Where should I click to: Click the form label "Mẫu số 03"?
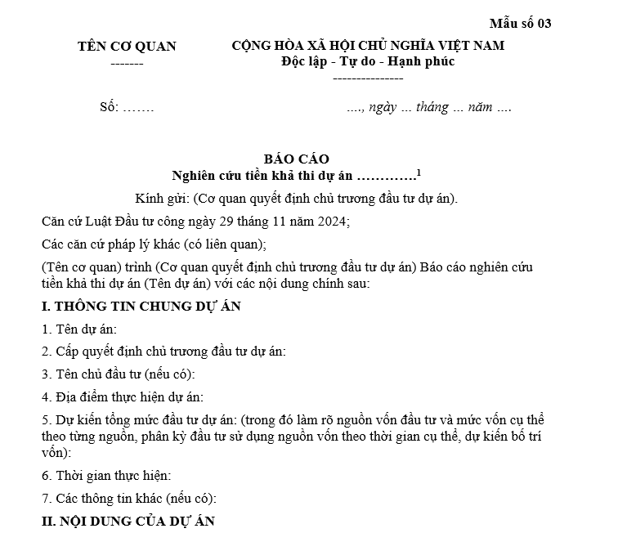tap(521, 23)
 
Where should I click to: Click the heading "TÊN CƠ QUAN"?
tap(127, 46)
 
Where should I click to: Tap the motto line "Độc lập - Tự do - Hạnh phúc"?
tap(368, 61)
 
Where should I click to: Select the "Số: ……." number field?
tap(127, 108)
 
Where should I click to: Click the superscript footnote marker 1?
tap(419, 171)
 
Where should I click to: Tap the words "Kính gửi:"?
tap(162, 199)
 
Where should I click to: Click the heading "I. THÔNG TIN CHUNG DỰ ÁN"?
tap(141, 307)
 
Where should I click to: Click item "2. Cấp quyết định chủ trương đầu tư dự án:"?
tap(163, 352)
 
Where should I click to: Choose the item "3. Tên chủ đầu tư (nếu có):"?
tap(119, 374)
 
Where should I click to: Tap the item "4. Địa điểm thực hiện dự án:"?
tap(122, 397)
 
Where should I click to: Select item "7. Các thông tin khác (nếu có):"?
tap(129, 498)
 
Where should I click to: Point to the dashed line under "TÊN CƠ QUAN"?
tap(127, 63)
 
